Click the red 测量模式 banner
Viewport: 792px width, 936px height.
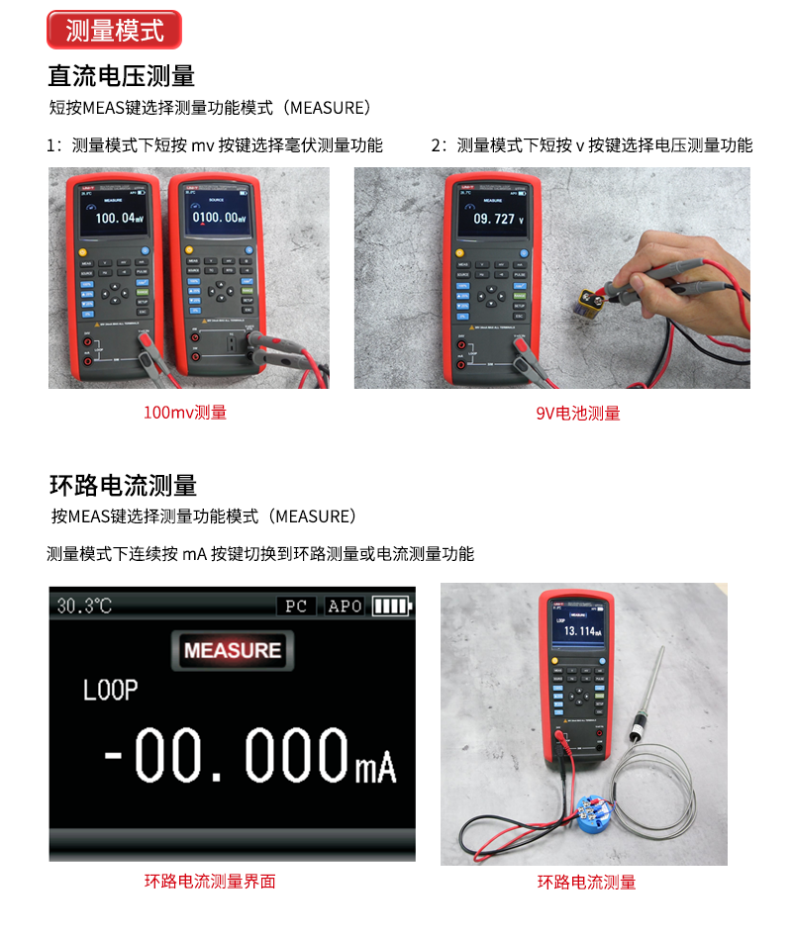point(114,30)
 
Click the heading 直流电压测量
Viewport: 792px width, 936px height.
point(121,76)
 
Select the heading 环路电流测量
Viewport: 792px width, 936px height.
point(123,485)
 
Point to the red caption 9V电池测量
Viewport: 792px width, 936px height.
point(577,414)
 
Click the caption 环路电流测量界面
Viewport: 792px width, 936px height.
point(210,881)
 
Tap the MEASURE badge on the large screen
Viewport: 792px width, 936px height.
point(233,650)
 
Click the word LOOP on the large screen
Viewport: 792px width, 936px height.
point(110,690)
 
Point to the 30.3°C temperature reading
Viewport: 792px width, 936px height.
point(84,606)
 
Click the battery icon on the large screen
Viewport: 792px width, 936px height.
point(390,606)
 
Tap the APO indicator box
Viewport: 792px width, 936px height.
point(345,606)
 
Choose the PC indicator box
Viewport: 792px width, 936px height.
point(296,606)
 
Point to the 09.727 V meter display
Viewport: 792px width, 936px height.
point(494,219)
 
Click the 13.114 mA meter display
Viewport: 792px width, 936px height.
point(582,630)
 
